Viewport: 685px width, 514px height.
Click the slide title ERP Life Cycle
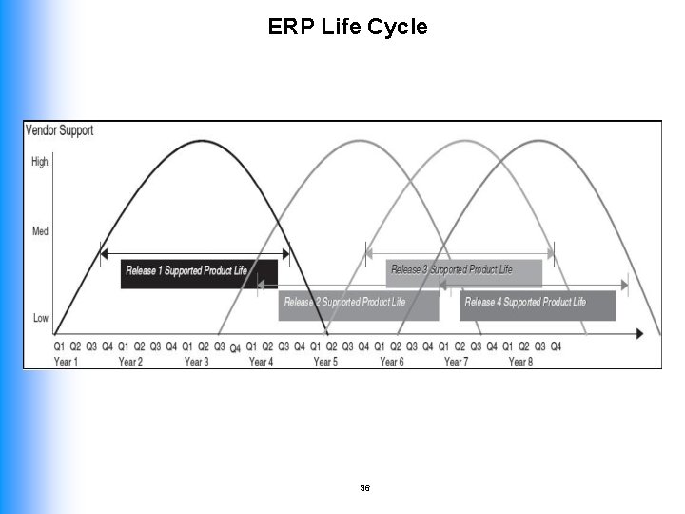coord(347,27)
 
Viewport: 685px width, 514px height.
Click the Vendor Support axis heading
coord(59,130)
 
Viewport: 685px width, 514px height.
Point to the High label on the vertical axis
coord(40,162)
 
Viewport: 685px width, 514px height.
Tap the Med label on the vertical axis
coord(40,231)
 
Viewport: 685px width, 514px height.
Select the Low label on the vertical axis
coord(40,318)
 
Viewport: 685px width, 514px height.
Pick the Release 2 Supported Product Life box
coord(358,303)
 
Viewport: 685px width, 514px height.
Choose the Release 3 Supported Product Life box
coord(464,270)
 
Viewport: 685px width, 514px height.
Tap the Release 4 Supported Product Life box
coord(538,303)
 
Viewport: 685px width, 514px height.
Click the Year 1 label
coord(67,362)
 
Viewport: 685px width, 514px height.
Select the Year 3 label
coord(197,362)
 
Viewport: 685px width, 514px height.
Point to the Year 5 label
coord(326,362)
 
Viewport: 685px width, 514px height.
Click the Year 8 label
coord(520,362)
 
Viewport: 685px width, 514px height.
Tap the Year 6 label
coord(392,362)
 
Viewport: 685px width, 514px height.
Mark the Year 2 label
coord(130,362)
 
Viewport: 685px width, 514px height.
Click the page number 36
coord(365,487)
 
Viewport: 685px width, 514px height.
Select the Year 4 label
coord(262,362)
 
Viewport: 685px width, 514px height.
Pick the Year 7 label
coord(457,362)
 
